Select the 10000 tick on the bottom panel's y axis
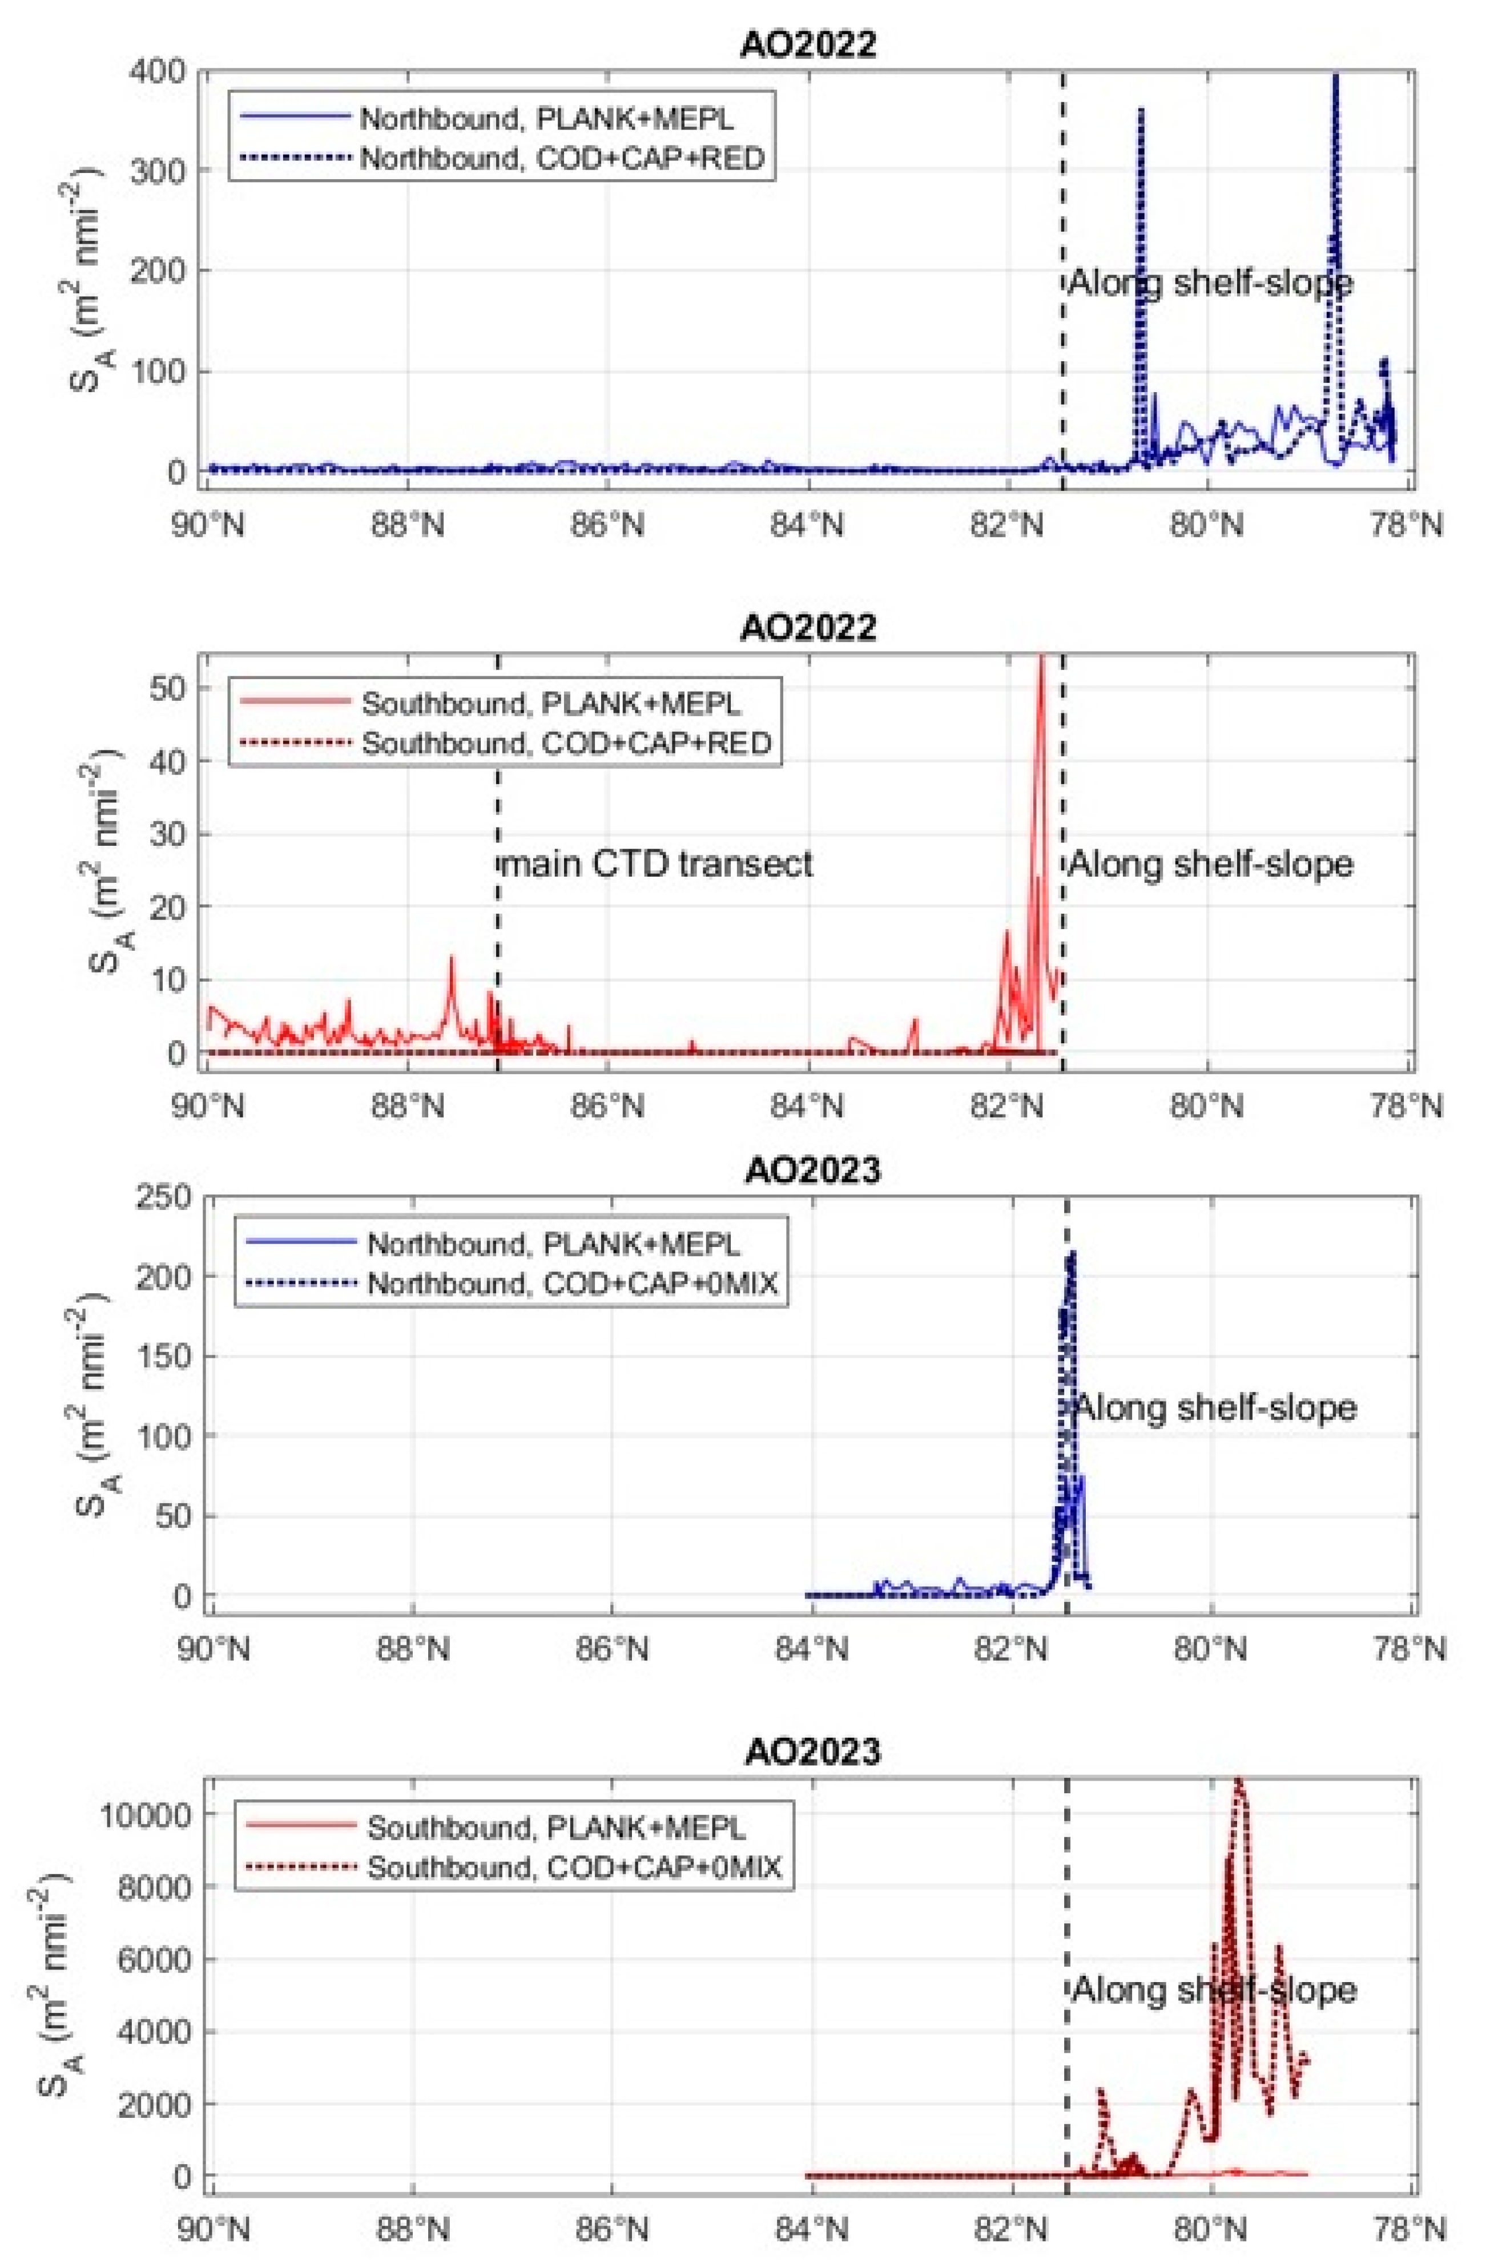coord(143,1814)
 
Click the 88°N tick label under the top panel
coord(407,524)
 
